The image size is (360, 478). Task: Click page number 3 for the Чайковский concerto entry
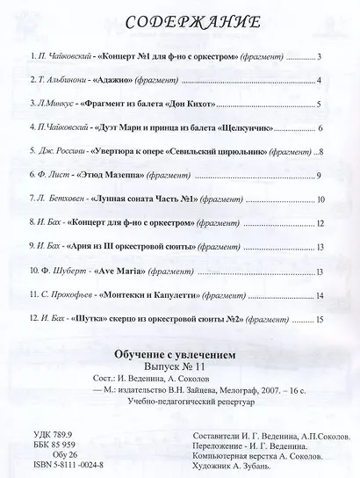pos(320,57)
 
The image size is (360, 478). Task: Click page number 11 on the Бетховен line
pos(320,199)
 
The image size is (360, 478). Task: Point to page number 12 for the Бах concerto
pos(320,223)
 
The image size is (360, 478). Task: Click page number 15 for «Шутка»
pos(320,318)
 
